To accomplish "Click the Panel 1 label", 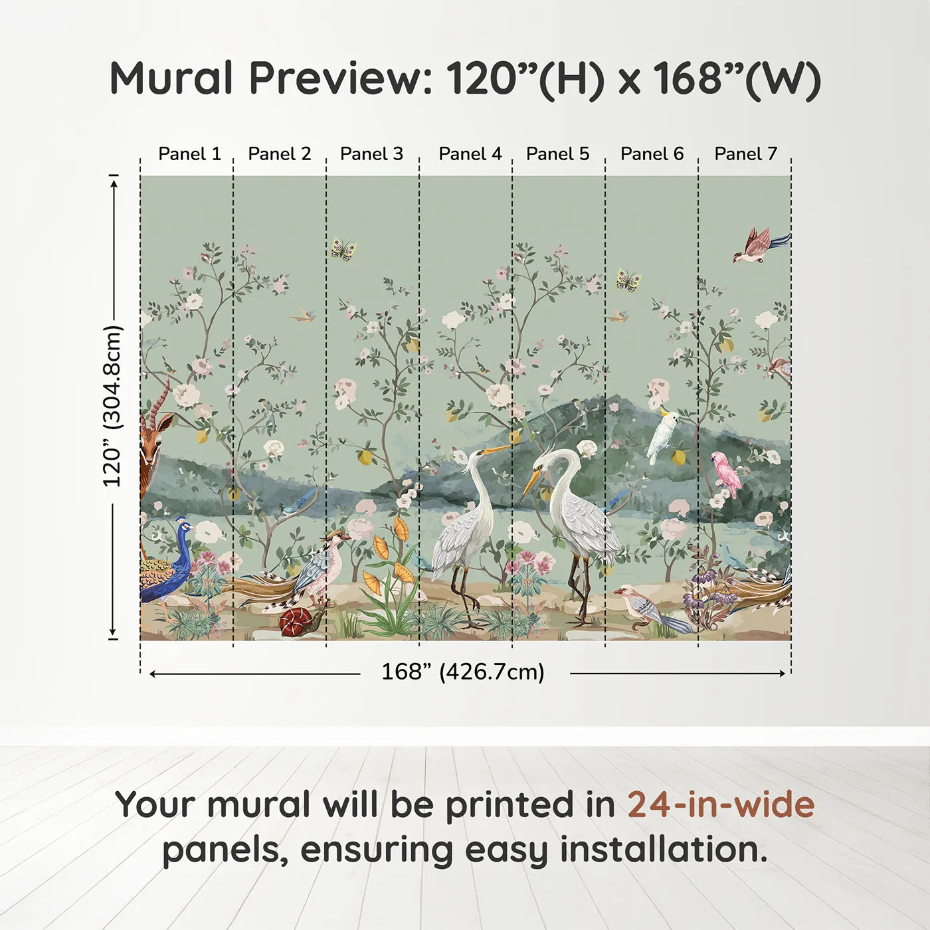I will (x=189, y=154).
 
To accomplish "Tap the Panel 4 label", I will (x=470, y=154).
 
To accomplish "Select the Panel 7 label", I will (x=745, y=154).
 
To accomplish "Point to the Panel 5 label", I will (x=557, y=154).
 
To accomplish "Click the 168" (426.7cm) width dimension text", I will (x=462, y=672).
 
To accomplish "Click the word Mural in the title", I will (x=171, y=78).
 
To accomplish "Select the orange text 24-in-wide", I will (x=721, y=805).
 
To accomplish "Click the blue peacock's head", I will (x=183, y=528).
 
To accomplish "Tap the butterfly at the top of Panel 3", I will (x=343, y=249).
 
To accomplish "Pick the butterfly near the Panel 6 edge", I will (x=628, y=280).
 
